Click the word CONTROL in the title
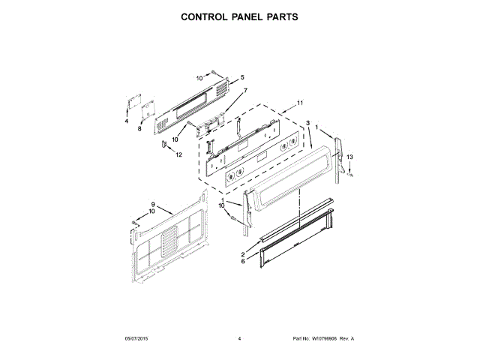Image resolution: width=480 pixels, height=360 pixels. [x=205, y=16]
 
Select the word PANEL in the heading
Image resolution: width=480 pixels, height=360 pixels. [x=246, y=16]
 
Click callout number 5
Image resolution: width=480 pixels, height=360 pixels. [x=242, y=78]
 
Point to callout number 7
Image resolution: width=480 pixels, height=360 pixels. [x=244, y=90]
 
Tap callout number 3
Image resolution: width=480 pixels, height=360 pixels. [x=307, y=122]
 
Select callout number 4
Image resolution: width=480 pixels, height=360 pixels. [x=127, y=121]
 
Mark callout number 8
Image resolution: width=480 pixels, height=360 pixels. [x=139, y=129]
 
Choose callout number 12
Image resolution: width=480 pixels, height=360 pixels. [x=178, y=155]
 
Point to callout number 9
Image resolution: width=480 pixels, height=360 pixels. [x=152, y=205]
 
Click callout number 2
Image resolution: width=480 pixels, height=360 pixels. [x=242, y=254]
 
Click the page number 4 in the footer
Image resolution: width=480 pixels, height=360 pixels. [x=238, y=338]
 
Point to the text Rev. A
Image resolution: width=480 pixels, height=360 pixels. [x=347, y=338]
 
